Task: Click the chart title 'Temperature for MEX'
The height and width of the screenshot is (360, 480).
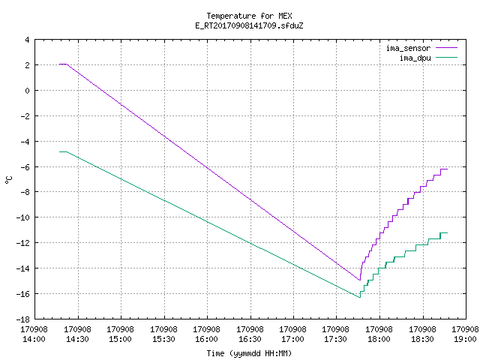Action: [x=249, y=16]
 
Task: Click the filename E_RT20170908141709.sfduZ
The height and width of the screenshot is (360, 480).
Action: [x=249, y=25]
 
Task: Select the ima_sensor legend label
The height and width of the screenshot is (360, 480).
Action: [x=408, y=48]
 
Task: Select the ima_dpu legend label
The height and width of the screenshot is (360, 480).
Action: [x=415, y=58]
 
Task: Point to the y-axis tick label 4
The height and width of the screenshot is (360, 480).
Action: [x=28, y=40]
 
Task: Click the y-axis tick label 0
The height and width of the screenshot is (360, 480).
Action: [x=28, y=91]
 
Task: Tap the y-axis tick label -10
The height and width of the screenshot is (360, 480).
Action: [x=25, y=217]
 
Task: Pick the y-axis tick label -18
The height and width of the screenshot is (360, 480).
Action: [x=25, y=319]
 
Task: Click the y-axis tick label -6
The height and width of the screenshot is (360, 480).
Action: [x=25, y=166]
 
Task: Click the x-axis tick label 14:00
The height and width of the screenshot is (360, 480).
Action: [x=34, y=339]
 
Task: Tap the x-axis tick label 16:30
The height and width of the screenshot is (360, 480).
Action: [x=250, y=339]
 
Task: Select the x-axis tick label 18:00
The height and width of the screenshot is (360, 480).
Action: [x=379, y=339]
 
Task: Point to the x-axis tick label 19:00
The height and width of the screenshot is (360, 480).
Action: [x=465, y=339]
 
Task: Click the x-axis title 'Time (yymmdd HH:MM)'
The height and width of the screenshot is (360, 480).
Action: [x=249, y=353]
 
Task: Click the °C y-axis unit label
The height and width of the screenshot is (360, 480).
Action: [x=8, y=180]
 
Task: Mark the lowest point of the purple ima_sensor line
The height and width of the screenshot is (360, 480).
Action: [x=360, y=280]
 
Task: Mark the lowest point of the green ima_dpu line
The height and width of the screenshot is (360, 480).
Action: [x=360, y=297]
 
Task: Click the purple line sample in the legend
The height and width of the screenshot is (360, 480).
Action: [x=446, y=48]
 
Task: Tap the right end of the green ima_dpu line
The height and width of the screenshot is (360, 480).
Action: [x=447, y=233]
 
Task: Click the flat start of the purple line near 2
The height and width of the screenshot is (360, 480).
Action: [x=63, y=64]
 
